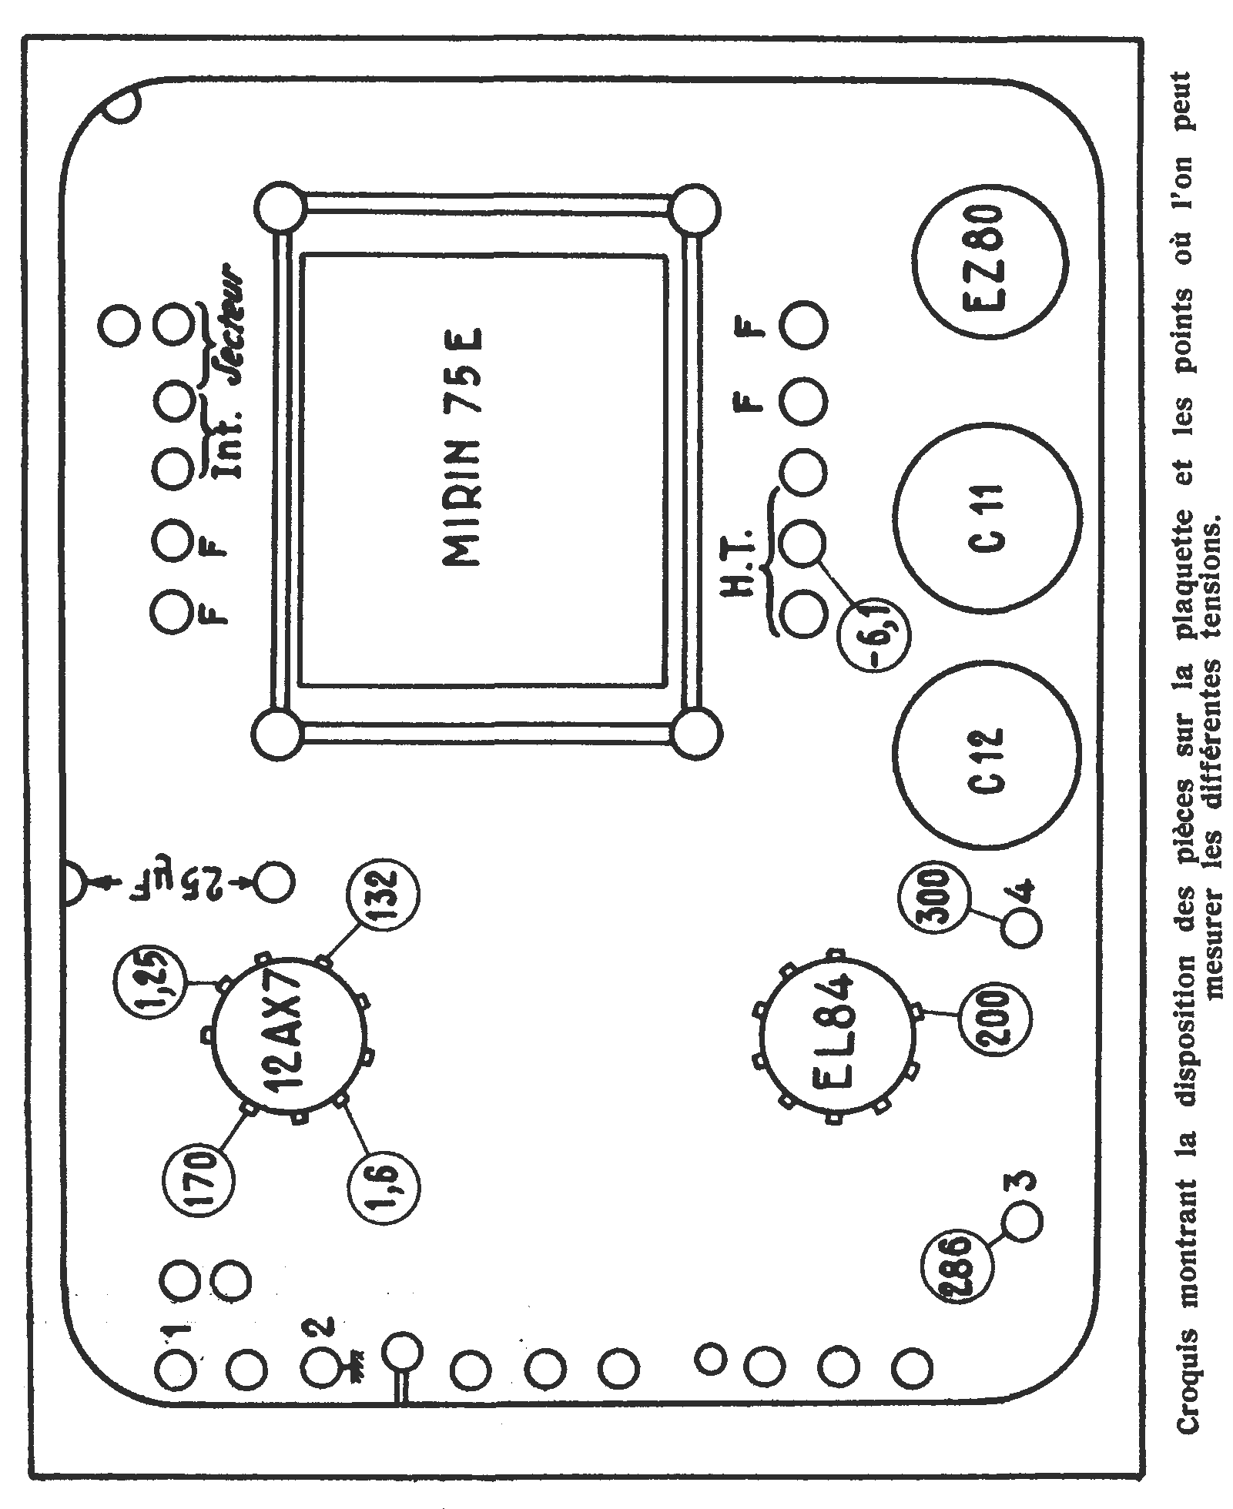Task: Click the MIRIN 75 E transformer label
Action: (x=462, y=450)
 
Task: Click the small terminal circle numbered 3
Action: (x=1022, y=1242)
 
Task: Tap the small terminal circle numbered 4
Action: (x=1022, y=929)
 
